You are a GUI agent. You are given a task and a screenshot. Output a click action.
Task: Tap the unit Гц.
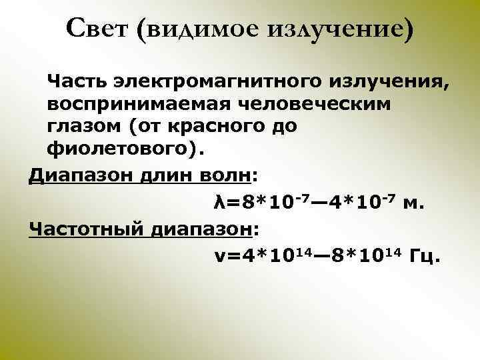pyautogui.click(x=425, y=257)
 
